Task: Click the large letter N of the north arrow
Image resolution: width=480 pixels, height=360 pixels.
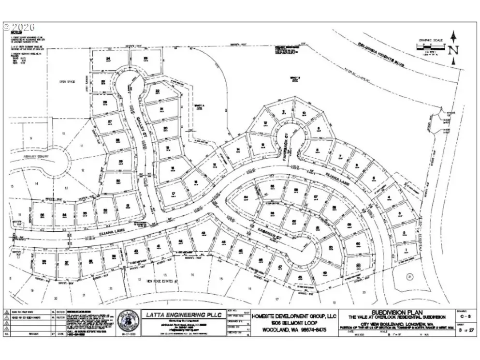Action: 452,49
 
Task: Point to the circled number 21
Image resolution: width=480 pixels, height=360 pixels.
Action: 409,276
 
